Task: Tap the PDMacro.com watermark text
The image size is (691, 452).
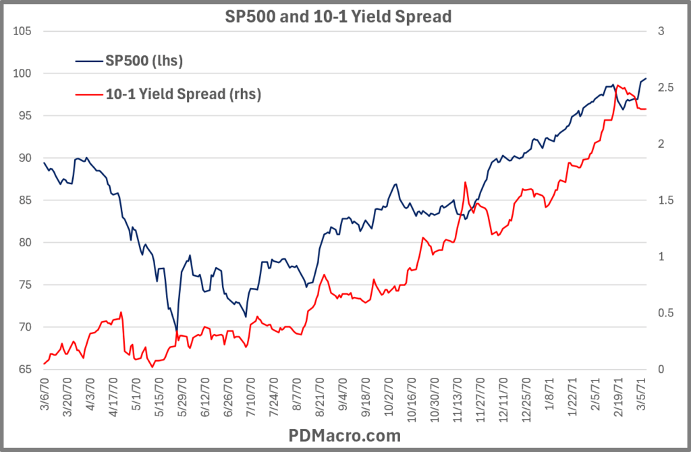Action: click(345, 435)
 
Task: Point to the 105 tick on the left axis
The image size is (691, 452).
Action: click(23, 32)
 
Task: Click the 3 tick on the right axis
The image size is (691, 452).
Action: click(663, 32)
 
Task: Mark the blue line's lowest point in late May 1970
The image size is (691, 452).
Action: click(177, 331)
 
